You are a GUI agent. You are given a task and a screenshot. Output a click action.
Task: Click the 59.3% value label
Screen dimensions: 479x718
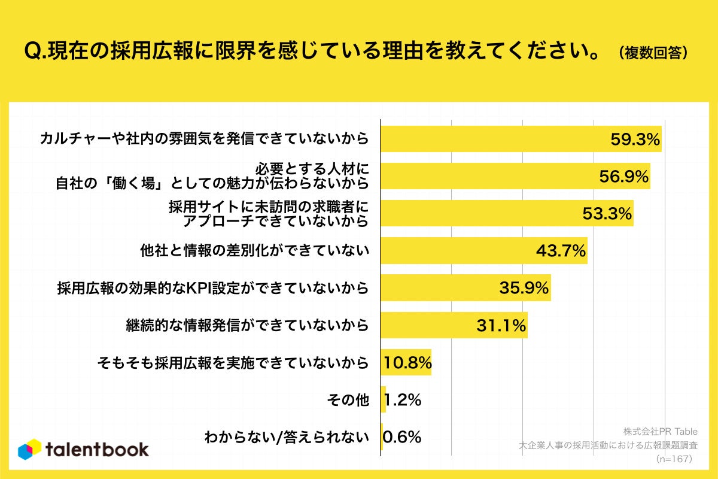pos(635,140)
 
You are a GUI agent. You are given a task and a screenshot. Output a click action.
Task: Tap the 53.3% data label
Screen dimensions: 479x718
pos(607,214)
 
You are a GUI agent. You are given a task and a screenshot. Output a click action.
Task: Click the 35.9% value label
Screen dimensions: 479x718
pos(524,288)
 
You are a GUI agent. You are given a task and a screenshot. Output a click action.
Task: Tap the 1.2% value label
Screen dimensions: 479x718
pos(402,400)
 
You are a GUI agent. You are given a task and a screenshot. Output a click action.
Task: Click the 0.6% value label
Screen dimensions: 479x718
pos(402,437)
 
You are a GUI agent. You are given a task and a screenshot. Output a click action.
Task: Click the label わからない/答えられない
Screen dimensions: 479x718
pos(286,437)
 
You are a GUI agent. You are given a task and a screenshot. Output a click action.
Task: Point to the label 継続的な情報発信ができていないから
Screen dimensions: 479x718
pos(247,326)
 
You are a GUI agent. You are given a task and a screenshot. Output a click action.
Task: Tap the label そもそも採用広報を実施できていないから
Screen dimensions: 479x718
pos(232,363)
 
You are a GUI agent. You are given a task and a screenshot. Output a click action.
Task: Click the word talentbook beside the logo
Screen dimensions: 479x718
pos(97,450)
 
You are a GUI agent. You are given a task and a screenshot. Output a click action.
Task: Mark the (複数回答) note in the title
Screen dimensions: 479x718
pos(652,52)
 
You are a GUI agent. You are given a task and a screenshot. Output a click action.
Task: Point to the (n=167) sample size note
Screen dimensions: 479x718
pos(674,459)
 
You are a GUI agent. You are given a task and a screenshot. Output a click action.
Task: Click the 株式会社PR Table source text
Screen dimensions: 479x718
pos(657,431)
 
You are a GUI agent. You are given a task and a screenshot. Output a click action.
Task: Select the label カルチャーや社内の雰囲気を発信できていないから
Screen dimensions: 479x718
pos(203,140)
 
